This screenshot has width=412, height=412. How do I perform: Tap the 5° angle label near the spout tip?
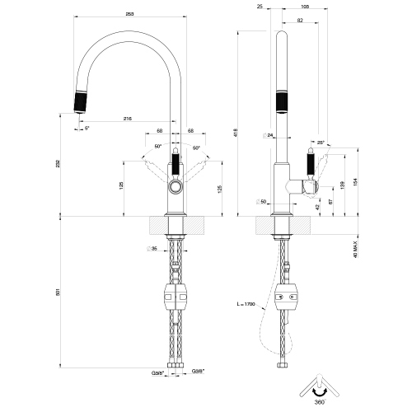point(88,129)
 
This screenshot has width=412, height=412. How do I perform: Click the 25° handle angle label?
point(320,142)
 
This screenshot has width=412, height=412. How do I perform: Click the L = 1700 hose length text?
point(246,305)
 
